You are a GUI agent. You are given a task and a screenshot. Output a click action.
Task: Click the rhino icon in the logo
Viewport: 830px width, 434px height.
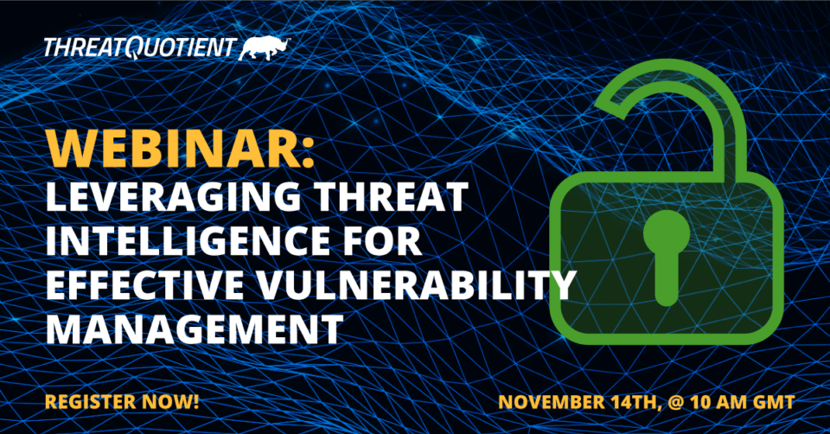(x=265, y=48)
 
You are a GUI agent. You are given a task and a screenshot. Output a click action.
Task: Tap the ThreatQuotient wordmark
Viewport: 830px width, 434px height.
(x=139, y=48)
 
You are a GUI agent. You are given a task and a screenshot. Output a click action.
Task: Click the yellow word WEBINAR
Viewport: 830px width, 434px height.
(x=172, y=149)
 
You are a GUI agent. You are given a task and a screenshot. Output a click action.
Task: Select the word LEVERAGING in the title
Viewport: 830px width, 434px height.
(x=174, y=197)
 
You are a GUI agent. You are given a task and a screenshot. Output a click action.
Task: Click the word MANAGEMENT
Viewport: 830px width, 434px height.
(x=195, y=329)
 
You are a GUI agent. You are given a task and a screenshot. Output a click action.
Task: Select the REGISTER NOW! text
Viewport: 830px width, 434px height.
(x=122, y=402)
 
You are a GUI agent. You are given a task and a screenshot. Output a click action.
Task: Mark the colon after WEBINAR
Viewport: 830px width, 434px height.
(x=309, y=154)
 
